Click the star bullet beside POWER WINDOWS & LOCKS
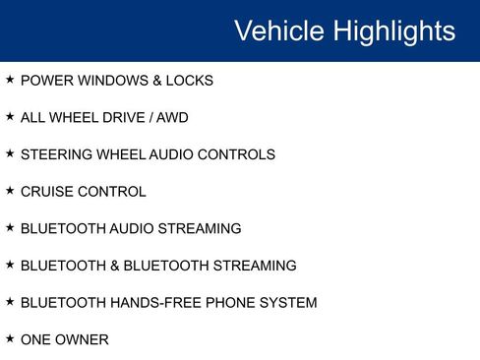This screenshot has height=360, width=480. coord(10,80)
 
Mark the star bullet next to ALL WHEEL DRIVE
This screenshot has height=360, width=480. coord(10,117)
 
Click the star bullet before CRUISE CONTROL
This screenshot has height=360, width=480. coord(10,191)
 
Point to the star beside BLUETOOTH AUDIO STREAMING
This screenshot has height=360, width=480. coord(10,228)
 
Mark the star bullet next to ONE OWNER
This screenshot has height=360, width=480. coord(10,339)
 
